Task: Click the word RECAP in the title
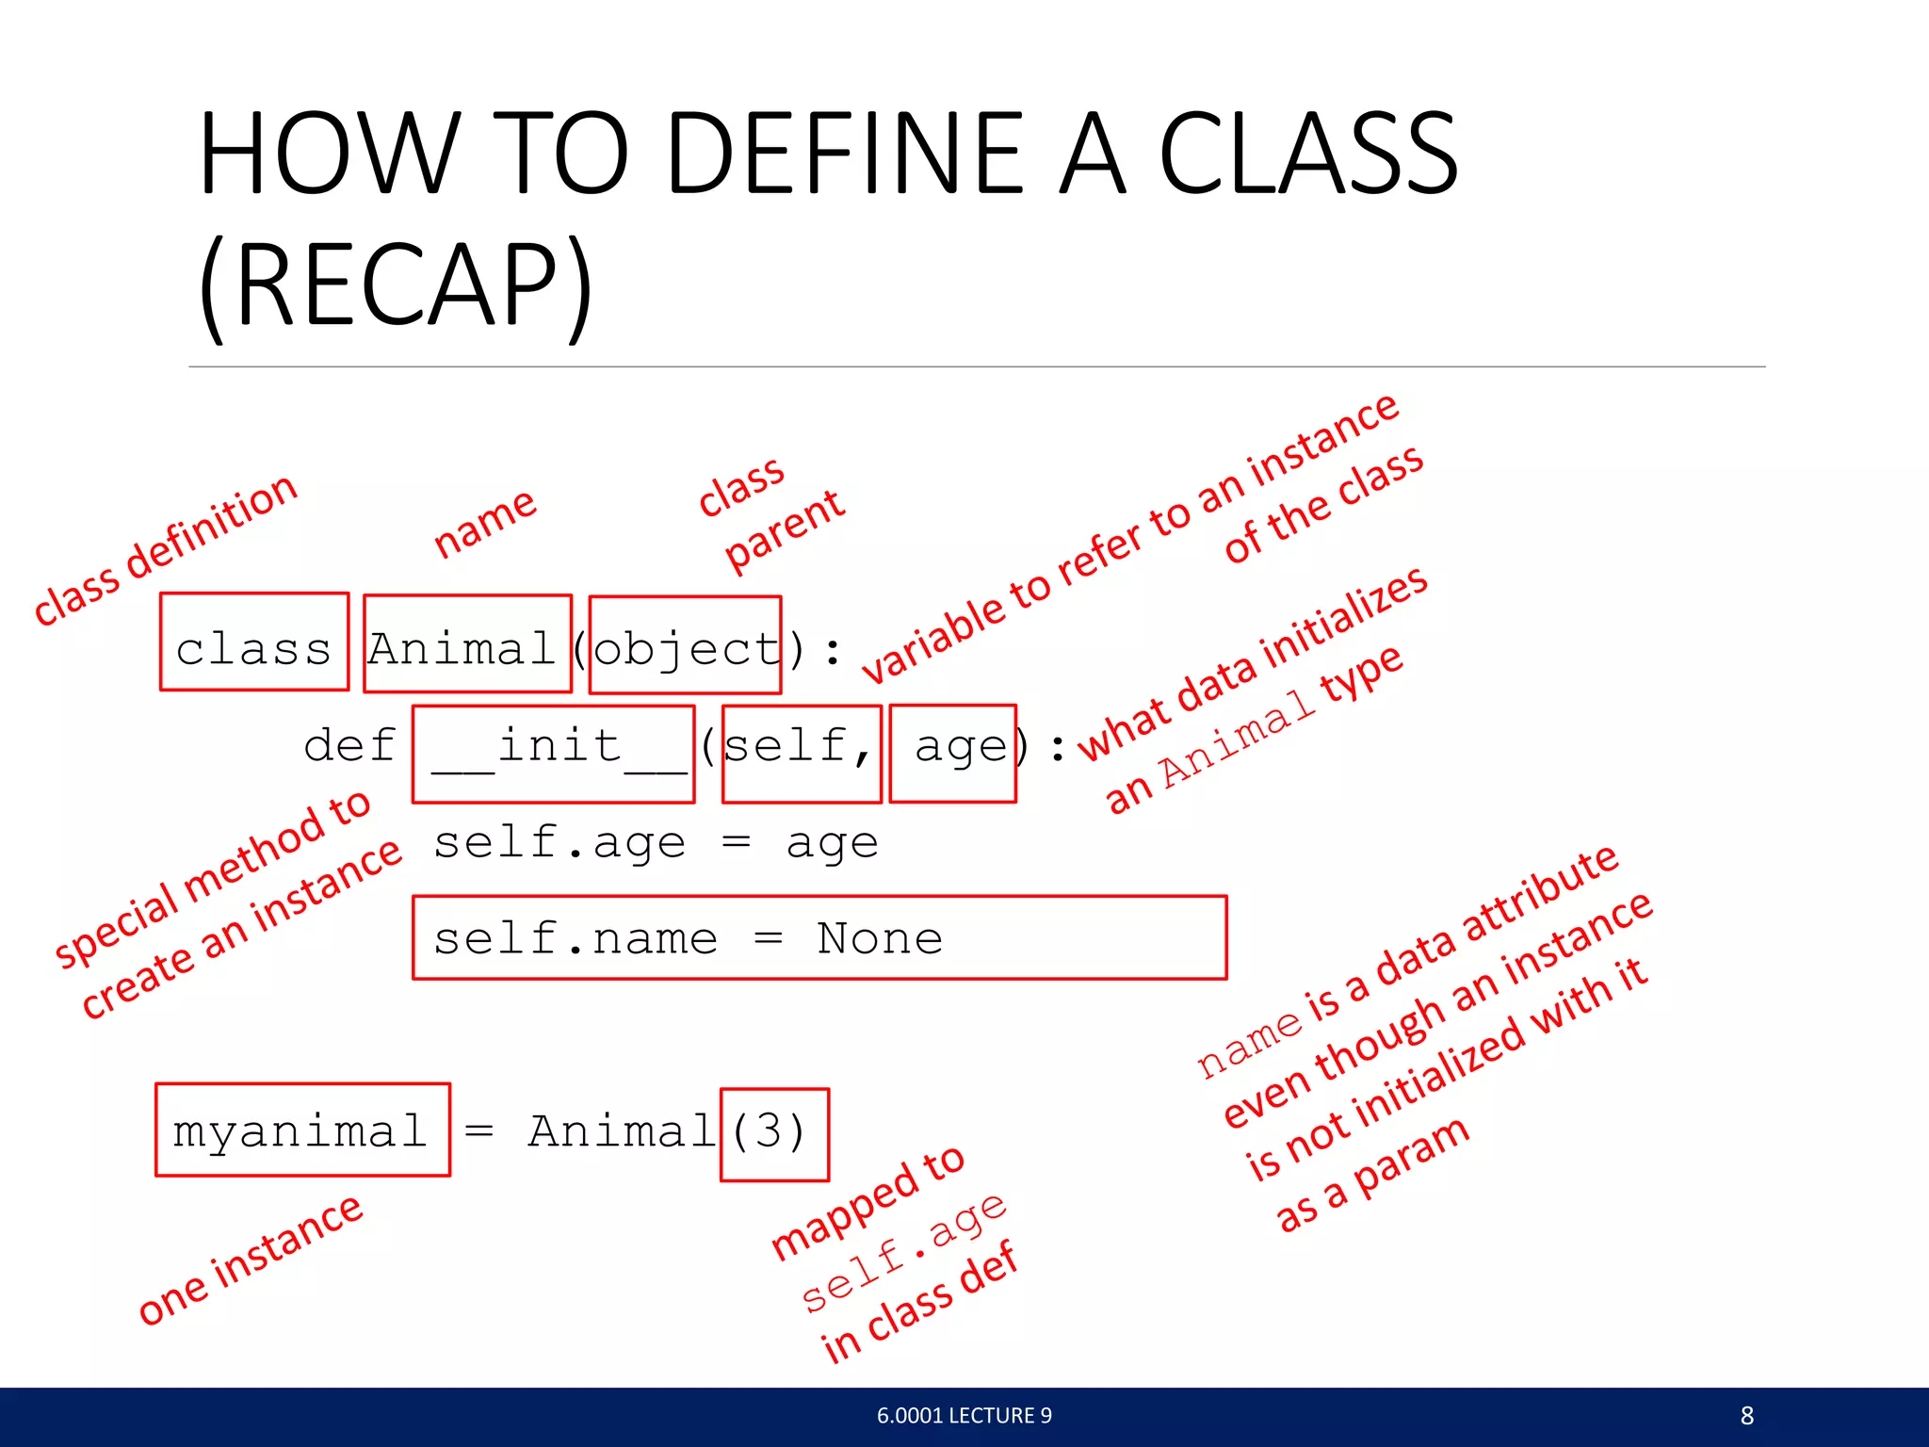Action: (396, 285)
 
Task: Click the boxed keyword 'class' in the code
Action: (254, 648)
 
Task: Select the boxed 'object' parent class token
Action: (686, 648)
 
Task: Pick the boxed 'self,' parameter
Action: (801, 749)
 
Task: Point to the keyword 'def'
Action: (349, 747)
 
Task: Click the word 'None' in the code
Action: (879, 938)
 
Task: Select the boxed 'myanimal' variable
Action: (301, 1130)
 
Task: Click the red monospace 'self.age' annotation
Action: (904, 1253)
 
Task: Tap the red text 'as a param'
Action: (1371, 1174)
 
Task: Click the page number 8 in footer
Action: (1746, 1416)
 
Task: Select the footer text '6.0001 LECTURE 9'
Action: (964, 1416)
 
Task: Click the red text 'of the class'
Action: (1323, 504)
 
